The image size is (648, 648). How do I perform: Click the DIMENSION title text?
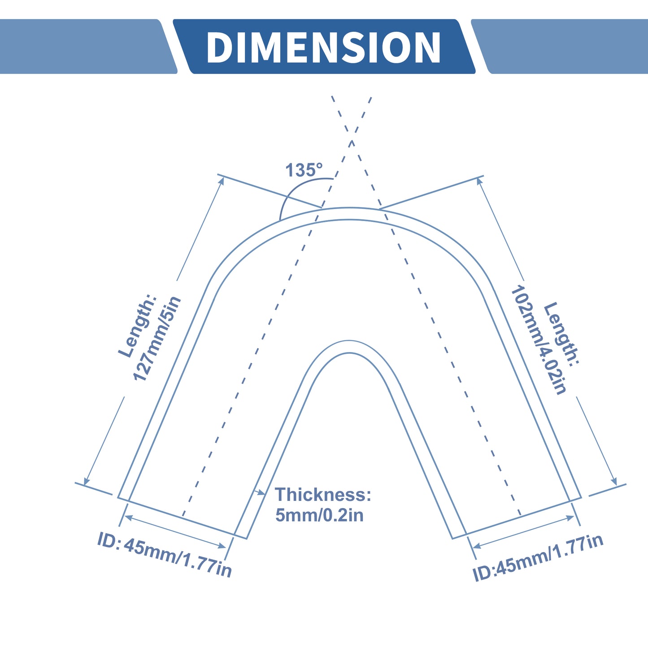pyautogui.click(x=323, y=48)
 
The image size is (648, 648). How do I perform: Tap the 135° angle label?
pyautogui.click(x=304, y=170)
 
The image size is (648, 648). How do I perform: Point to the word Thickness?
pyautogui.click(x=323, y=494)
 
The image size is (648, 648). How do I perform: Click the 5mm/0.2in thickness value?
pyautogui.click(x=319, y=515)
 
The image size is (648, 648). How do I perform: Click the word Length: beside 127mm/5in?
pyautogui.click(x=138, y=326)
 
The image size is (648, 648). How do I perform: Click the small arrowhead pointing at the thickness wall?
pyautogui.click(x=261, y=493)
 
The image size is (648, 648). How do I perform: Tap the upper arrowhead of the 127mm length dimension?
pyautogui.click(x=221, y=181)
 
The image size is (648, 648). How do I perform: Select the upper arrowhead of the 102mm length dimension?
pyautogui.click(x=479, y=181)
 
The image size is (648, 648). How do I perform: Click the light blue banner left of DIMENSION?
pyautogui.click(x=88, y=46)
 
